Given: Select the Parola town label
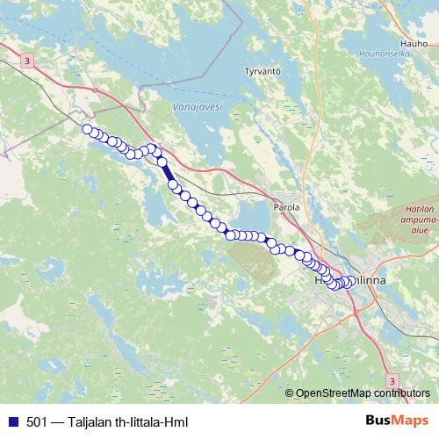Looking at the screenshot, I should (x=288, y=207).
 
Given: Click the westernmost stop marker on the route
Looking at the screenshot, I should (x=87, y=130).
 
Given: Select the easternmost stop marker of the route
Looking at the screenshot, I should (x=353, y=281).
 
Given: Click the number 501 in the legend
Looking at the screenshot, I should (x=37, y=421).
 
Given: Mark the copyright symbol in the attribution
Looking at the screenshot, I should (x=290, y=393).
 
